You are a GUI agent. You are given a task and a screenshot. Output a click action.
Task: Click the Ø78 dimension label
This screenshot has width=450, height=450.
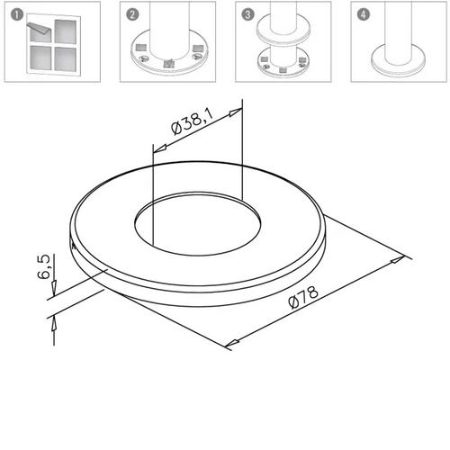pos(303,297)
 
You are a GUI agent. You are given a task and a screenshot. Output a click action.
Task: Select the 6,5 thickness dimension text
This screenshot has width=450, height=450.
pos(44,266)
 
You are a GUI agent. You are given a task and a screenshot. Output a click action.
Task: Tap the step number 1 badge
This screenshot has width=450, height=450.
pos(17,14)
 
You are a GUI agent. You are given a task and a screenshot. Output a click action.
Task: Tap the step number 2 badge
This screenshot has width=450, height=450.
pos(132,14)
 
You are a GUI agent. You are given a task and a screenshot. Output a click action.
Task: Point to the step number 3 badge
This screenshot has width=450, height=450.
pos(247,14)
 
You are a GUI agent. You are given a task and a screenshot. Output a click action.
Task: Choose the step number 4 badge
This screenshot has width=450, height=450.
pos(364,14)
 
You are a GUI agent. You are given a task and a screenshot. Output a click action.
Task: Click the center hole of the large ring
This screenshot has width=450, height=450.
pos(197,224)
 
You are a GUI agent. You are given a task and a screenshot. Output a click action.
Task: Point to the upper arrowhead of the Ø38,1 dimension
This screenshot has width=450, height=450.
pos(235,112)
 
